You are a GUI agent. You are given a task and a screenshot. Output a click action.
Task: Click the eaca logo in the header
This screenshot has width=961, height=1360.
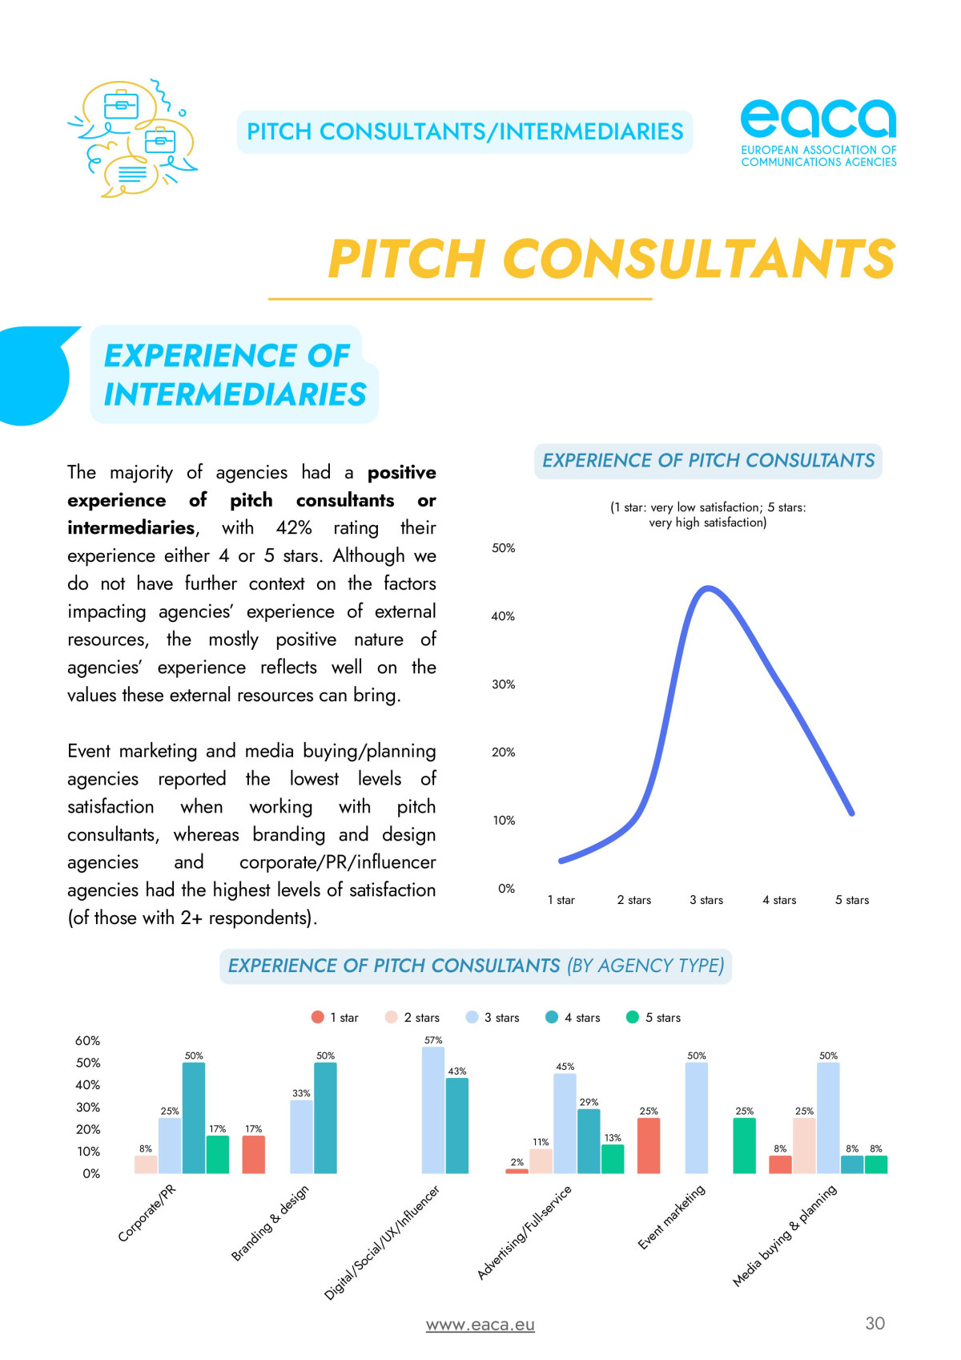818,132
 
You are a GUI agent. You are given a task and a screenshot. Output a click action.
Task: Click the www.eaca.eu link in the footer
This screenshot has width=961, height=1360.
480,1325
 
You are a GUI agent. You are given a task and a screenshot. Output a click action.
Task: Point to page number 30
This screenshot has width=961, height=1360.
875,1323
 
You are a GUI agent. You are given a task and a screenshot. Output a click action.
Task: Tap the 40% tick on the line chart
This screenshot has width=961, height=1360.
503,616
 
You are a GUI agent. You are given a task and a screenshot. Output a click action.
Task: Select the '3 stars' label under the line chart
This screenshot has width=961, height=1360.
706,900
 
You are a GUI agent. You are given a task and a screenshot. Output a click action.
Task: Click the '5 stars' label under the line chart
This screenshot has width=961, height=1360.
852,900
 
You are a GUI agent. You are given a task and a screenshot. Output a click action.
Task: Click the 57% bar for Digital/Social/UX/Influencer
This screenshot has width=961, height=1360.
433,1110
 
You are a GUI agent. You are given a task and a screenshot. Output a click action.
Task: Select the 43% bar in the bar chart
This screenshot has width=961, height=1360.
457,1126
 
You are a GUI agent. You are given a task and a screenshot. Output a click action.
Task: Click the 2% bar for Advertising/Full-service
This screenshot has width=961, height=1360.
517,1171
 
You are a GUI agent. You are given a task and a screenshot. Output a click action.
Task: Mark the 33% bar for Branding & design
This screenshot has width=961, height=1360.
301,1136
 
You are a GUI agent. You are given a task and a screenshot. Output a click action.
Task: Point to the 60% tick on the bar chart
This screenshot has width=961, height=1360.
87,1041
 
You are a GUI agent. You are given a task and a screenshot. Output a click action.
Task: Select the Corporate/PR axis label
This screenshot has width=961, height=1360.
147,1213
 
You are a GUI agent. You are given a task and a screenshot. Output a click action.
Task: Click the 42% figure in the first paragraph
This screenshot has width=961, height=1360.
294,528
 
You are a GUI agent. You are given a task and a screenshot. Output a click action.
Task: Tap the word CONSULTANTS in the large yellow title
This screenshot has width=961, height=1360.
698,259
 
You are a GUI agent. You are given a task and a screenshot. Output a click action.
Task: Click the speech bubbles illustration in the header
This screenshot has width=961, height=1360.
133,138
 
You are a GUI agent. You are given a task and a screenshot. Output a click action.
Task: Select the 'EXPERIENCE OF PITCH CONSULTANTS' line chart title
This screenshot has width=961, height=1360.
708,461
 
